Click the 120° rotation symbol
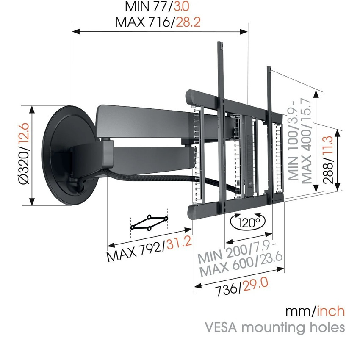tap(247, 222)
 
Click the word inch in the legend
tap(331, 311)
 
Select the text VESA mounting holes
tap(274, 327)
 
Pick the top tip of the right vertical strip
tap(269, 68)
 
